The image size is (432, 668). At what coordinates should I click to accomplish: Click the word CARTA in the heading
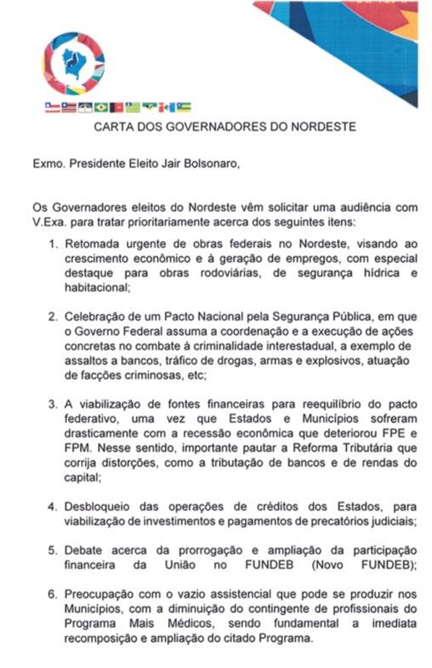(114, 128)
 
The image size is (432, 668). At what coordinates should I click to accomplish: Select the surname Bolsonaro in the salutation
(211, 163)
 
